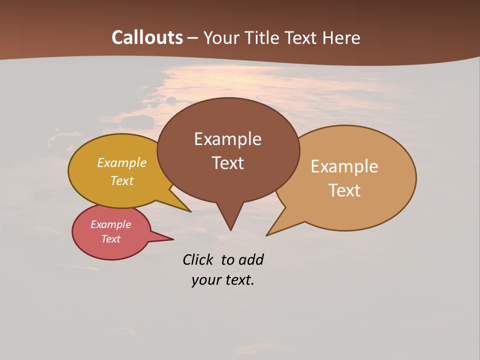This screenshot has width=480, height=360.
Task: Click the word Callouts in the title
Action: [x=147, y=37]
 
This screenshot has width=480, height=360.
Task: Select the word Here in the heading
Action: [x=341, y=38]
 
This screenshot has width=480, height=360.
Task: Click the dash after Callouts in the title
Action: [x=193, y=38]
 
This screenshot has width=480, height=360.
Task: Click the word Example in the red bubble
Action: [x=110, y=224]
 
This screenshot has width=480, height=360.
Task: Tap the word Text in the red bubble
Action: [x=110, y=239]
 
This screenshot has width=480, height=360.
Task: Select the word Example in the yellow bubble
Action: [x=121, y=162]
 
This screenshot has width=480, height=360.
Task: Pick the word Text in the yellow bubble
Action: [x=121, y=180]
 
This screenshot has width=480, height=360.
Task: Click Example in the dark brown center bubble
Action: [x=227, y=139]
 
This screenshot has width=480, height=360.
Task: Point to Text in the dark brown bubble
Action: [x=227, y=163]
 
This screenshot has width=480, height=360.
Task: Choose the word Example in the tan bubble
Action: [x=344, y=166]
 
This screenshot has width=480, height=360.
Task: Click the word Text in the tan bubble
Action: [x=344, y=190]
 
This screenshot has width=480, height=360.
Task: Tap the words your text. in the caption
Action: [x=222, y=280]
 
